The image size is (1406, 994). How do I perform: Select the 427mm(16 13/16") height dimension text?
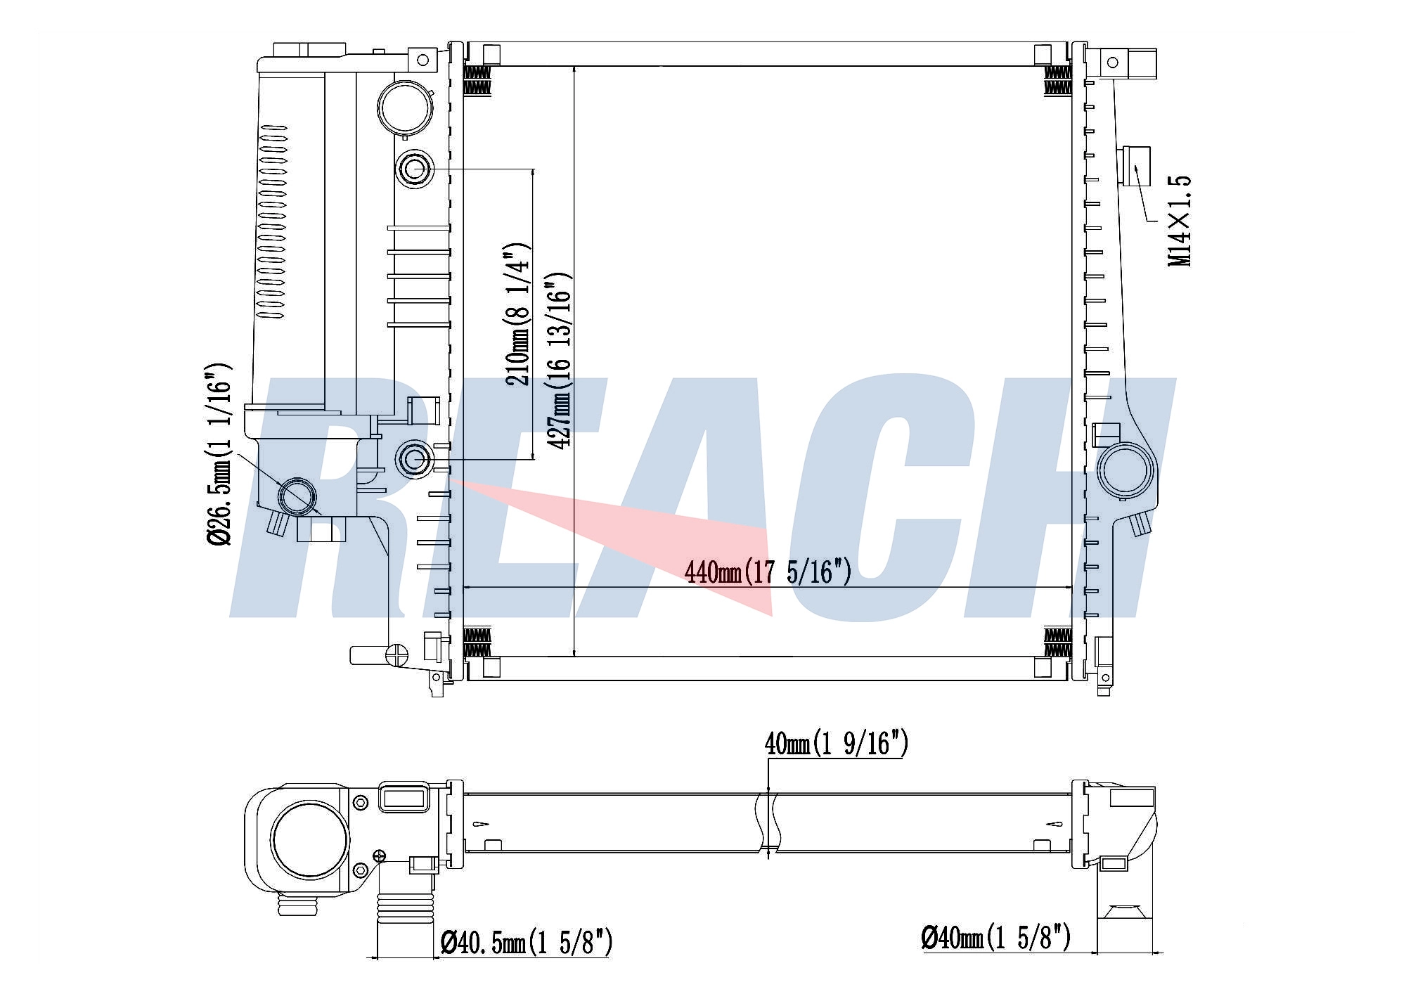coord(560,361)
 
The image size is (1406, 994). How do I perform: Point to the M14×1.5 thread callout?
coord(1179,220)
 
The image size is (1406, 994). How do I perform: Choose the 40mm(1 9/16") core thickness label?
coord(837,744)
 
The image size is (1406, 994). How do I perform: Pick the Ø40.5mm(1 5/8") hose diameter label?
coord(527,942)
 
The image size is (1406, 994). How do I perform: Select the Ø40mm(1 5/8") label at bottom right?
coord(996,937)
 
